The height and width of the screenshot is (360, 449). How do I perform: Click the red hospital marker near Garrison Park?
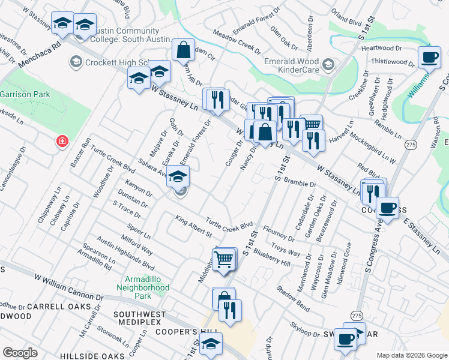[x=61, y=142]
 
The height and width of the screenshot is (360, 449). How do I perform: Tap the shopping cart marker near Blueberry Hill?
[x=224, y=259]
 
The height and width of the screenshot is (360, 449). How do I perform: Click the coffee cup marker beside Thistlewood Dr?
[x=429, y=57]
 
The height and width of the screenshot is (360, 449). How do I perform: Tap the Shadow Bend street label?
[x=293, y=296]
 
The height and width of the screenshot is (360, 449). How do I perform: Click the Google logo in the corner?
[x=20, y=352]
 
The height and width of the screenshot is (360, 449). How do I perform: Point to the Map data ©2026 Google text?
[x=411, y=355]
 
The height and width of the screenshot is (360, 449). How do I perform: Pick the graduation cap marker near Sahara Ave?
[x=177, y=176]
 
